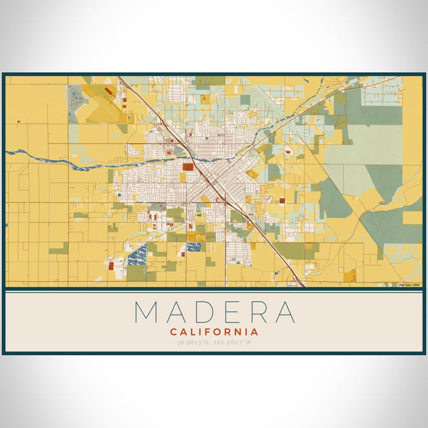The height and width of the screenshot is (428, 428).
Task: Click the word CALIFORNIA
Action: click(214, 332)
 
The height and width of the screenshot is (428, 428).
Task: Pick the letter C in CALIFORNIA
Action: click(174, 332)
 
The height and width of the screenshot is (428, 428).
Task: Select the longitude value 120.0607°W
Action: click(233, 342)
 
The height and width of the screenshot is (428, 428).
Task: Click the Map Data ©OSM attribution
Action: click(409, 284)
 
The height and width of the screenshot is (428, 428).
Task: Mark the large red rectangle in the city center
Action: click(188, 166)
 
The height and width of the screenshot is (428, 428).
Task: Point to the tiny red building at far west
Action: click(18, 123)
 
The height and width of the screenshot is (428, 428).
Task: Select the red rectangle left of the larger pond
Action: click(111, 265)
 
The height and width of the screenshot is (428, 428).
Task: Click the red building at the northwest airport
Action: click(108, 91)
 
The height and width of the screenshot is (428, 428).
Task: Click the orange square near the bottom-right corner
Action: click(350, 276)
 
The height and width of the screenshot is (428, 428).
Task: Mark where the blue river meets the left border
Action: click(7, 152)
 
